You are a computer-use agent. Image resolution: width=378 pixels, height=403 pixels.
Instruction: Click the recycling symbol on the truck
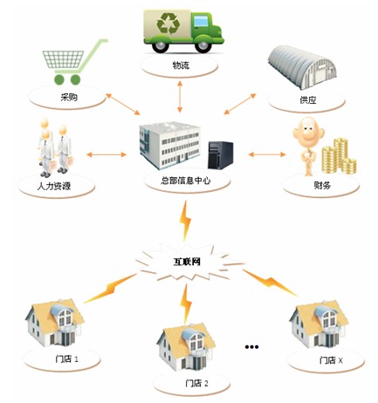168,23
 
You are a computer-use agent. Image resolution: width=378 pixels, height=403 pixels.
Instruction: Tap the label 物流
181,65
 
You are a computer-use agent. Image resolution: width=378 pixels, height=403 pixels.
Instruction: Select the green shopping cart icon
74,62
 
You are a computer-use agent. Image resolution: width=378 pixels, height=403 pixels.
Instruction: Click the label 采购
69,97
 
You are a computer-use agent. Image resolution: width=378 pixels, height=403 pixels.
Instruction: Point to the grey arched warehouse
302,68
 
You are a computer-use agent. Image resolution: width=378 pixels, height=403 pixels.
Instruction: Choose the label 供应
308,100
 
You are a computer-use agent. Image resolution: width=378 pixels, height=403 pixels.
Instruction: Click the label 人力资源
54,186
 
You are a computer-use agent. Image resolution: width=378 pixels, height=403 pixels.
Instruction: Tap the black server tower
220,154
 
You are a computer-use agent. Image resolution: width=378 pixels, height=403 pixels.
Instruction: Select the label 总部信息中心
186,181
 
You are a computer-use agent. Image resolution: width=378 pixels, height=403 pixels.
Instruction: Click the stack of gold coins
339,156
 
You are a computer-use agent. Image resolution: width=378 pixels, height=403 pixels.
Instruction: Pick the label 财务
322,185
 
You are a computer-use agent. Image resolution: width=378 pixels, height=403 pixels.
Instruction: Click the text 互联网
187,262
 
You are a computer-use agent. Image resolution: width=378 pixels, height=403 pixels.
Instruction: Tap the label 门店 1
66,359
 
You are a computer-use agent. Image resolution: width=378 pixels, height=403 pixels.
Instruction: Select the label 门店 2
196,383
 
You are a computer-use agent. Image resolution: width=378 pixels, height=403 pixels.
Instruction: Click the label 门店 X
331,360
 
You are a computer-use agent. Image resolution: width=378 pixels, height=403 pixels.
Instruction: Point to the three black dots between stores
251,346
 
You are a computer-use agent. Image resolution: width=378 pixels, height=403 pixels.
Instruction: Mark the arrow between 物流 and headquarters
180,97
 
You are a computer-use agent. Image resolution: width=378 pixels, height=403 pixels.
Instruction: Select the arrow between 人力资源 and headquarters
107,154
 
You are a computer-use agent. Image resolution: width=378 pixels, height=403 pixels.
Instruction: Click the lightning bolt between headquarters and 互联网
185,221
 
